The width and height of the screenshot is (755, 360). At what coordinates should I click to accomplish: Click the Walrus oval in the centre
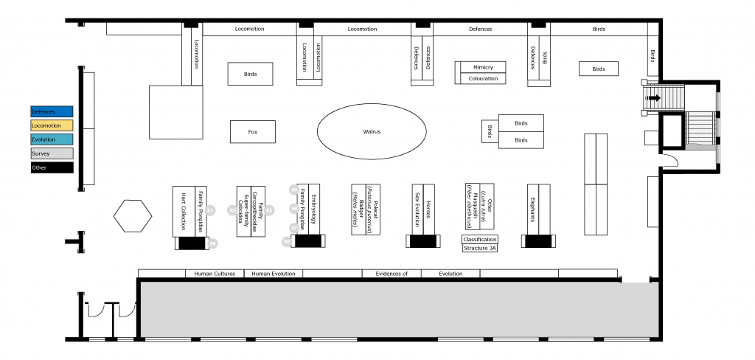tap(371, 131)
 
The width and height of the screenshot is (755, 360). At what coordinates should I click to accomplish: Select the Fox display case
tap(252, 131)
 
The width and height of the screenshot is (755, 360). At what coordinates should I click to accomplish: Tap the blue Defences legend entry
tap(52, 111)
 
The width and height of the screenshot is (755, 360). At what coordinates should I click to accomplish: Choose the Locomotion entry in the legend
tap(52, 125)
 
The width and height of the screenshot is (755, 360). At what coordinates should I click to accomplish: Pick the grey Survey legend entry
tap(52, 153)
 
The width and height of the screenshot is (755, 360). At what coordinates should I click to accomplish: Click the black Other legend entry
tap(52, 167)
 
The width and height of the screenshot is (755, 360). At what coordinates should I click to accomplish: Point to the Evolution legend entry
tap(52, 139)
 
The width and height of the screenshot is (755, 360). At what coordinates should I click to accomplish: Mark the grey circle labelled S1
tap(209, 210)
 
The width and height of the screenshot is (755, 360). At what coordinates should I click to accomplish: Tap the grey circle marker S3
tap(269, 210)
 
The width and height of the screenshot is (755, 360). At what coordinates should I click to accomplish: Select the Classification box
tap(480, 239)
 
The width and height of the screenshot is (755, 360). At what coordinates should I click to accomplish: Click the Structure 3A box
tap(480, 249)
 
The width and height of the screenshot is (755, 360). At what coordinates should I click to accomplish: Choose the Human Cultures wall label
tap(215, 274)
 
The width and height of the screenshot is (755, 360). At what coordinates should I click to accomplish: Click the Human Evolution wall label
tap(273, 274)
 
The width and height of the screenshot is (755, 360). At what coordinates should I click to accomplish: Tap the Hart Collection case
tap(183, 210)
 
